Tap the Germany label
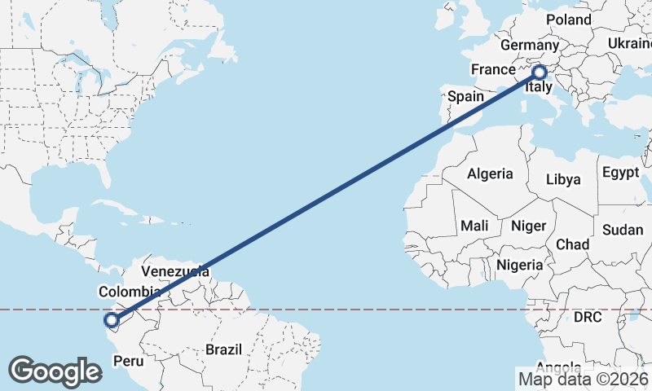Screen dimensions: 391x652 click(x=529, y=45)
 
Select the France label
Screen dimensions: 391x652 click(x=493, y=70)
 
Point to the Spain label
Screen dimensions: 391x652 click(x=466, y=96)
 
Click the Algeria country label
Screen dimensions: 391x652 click(x=490, y=174)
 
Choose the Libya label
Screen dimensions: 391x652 click(x=564, y=179)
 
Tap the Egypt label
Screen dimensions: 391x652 click(x=621, y=173)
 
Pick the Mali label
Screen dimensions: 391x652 click(x=474, y=225)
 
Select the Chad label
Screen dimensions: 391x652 click(x=572, y=244)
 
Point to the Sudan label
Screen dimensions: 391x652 click(x=623, y=231)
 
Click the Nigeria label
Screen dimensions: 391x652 click(x=519, y=265)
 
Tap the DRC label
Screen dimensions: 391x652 click(x=587, y=317)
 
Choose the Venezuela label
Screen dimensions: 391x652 click(x=175, y=271)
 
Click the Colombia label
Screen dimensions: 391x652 click(x=129, y=292)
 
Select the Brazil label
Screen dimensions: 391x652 click(x=224, y=349)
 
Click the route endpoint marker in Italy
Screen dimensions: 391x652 click(x=539, y=72)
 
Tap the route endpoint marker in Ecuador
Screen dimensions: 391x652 click(x=112, y=320)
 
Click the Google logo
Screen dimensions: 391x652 click(x=55, y=371)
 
